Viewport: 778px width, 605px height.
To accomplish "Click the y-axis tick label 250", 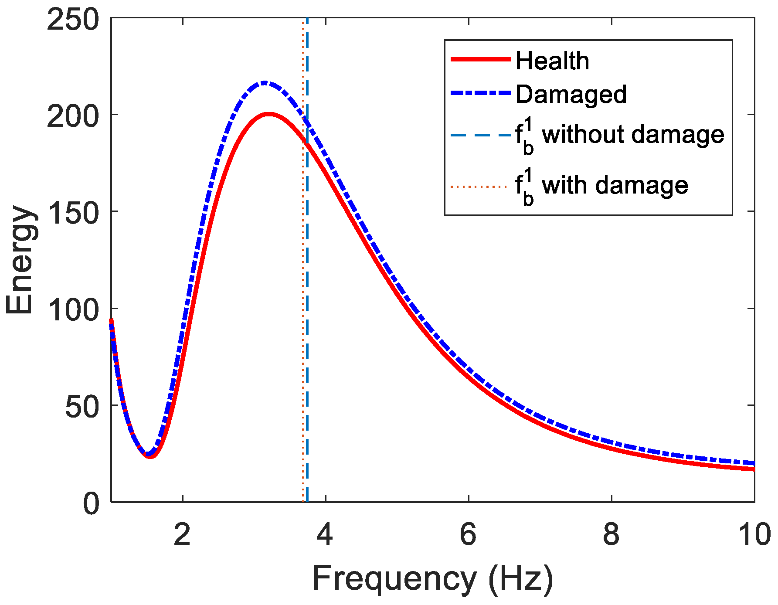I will coord(73,20).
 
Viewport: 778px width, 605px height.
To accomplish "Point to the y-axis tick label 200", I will coord(73,116).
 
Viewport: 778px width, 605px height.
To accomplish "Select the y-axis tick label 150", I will coord(73,213).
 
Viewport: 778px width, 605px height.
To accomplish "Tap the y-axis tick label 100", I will coord(73,310).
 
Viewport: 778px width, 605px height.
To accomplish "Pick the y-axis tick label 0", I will coord(92,504).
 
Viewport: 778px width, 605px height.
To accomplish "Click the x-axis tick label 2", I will coord(182,534).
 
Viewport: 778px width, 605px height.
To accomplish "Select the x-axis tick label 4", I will coord(325,534).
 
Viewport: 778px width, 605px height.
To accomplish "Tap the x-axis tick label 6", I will coord(468,534).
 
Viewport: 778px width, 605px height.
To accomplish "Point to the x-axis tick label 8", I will coord(611,534).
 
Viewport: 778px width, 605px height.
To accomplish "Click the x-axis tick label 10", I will coord(753,534).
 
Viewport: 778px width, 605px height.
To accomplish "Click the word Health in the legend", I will coord(552,61).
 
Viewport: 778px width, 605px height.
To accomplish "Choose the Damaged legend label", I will coord(571,94).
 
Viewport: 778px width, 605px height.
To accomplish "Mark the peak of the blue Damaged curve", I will coord(264,82).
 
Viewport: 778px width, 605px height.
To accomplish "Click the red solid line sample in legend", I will coord(480,59).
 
